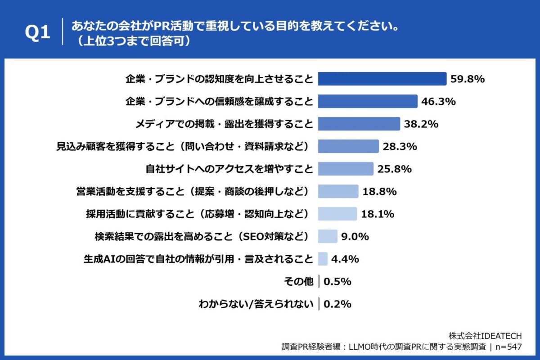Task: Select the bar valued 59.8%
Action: [382, 79]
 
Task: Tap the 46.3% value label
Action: [438, 101]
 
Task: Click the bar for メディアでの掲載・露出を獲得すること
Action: [359, 124]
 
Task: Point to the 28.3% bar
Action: [348, 146]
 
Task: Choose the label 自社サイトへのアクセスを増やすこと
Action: [229, 169]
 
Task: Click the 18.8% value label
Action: [379, 192]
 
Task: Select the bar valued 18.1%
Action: [337, 214]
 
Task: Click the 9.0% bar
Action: [328, 237]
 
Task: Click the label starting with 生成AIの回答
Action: [198, 259]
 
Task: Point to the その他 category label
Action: [298, 282]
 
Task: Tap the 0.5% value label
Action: [337, 282]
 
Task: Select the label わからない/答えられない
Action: [256, 305]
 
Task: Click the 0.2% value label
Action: [337, 305]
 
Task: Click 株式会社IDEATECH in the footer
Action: [485, 336]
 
